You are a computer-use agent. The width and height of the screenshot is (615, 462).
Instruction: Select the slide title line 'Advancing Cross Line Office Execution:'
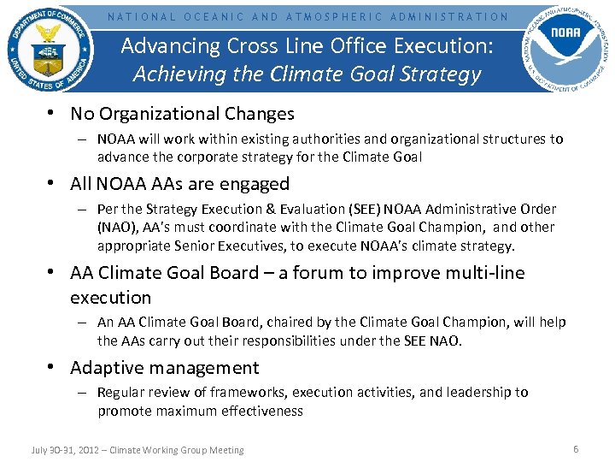coord(307,46)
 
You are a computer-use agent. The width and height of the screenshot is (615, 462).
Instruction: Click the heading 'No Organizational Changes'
coord(182,114)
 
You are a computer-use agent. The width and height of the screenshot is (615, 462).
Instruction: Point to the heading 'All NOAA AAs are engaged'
coord(179,184)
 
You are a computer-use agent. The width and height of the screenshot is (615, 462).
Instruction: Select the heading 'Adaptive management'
coord(164,368)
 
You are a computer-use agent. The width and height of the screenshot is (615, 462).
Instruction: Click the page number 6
coord(576,449)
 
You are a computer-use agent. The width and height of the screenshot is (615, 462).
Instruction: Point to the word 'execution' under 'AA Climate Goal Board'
coord(110,298)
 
